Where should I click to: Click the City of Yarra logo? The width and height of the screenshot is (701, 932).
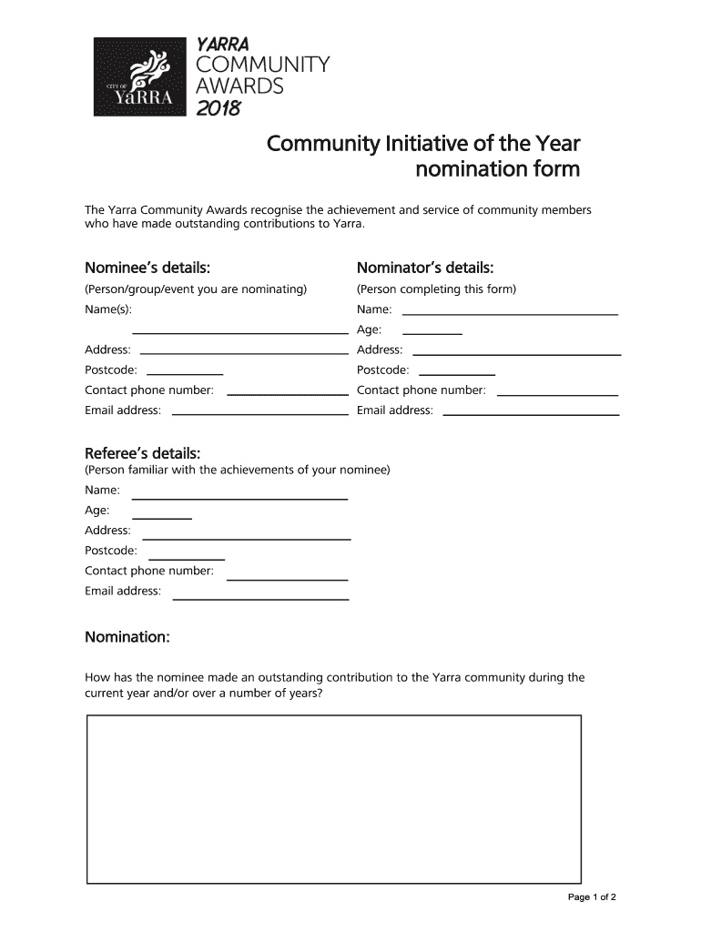click(x=143, y=76)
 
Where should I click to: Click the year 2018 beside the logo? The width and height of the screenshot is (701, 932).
click(x=218, y=109)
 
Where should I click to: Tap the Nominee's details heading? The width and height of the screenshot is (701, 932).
click(x=147, y=268)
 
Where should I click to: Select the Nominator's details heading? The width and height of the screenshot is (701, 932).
click(x=425, y=268)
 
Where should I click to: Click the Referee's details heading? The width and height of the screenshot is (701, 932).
click(x=143, y=453)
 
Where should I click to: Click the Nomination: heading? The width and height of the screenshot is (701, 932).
click(x=127, y=637)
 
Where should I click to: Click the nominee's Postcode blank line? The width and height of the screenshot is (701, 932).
click(x=185, y=373)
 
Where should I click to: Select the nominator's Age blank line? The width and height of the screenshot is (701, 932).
click(x=432, y=333)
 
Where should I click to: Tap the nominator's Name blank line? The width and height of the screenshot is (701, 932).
click(x=510, y=313)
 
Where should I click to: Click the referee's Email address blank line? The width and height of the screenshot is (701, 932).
click(x=260, y=599)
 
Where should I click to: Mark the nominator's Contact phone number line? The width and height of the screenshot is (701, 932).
click(x=558, y=394)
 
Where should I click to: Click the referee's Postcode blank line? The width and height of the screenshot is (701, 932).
click(x=187, y=558)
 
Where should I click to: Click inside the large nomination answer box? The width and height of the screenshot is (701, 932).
click(x=333, y=798)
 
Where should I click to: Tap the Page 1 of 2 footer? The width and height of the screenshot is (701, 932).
click(x=593, y=897)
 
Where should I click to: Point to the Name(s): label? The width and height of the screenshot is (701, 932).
click(x=108, y=309)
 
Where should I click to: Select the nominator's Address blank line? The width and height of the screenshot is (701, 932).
click(x=517, y=353)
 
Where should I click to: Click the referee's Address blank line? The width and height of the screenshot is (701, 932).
click(x=247, y=539)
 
